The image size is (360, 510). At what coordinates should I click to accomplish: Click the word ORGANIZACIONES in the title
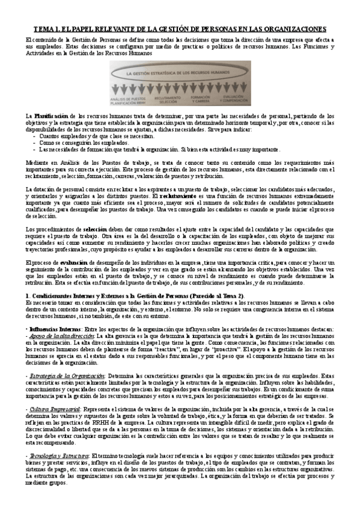[291, 28]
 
